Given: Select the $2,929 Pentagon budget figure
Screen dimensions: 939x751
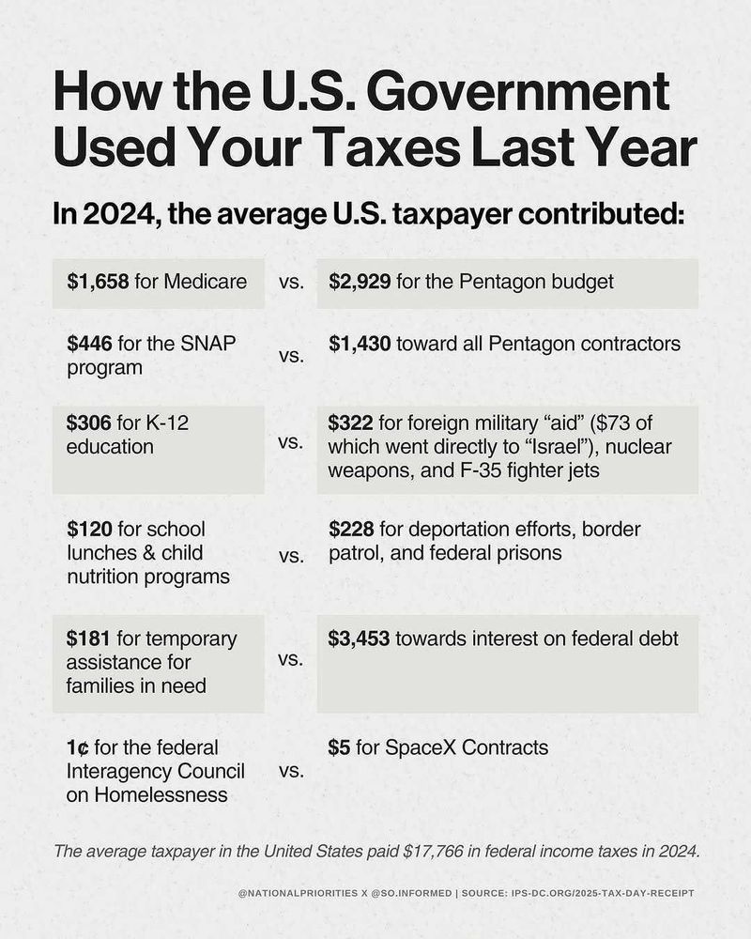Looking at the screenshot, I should point(360,281).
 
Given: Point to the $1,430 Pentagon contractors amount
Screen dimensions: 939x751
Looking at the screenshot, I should point(360,344).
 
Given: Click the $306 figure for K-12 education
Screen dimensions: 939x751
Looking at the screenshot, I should point(86,423).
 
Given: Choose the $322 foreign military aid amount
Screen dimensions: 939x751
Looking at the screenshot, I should point(352,423).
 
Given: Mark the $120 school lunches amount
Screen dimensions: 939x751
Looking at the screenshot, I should point(86,529).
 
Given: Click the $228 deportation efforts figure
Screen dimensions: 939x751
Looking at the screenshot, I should point(352,529).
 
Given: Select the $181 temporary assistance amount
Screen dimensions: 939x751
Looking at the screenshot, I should point(86,639).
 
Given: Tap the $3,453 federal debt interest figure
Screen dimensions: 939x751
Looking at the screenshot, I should point(360,639).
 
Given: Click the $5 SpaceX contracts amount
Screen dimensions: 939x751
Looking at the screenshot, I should point(340,747).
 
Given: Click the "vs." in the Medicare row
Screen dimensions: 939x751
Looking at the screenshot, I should point(291,282).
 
